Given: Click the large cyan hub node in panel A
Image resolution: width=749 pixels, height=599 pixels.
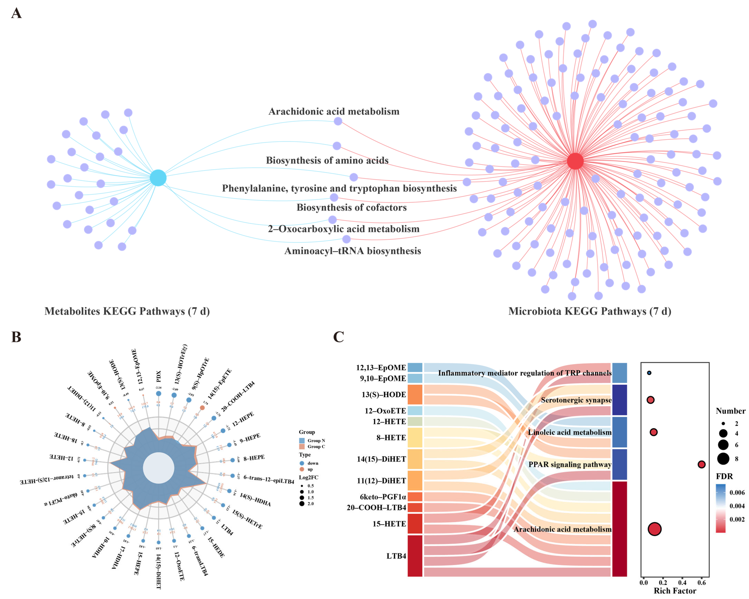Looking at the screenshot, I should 158,178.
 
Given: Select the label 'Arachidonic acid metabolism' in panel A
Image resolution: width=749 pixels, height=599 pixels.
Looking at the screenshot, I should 334,112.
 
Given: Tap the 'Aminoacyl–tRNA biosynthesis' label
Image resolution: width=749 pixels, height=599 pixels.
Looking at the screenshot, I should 353,251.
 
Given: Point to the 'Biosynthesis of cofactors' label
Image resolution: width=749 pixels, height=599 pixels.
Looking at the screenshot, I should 352,208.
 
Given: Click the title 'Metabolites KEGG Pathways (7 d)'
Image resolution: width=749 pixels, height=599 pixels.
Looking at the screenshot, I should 127,311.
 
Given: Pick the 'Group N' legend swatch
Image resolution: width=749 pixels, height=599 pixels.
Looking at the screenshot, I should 302,440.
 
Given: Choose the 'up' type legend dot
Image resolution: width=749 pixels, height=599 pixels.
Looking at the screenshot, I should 302,469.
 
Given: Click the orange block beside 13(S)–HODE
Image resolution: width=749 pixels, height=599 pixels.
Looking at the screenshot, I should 415,394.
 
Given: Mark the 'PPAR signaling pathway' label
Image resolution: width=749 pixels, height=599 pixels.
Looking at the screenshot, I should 570,464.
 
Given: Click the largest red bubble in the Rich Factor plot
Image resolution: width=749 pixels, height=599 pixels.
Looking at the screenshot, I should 655,529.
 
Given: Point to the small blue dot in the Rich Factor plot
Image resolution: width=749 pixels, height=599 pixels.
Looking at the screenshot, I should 649,373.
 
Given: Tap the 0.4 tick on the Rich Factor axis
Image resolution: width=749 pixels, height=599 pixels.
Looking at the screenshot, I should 682,583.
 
